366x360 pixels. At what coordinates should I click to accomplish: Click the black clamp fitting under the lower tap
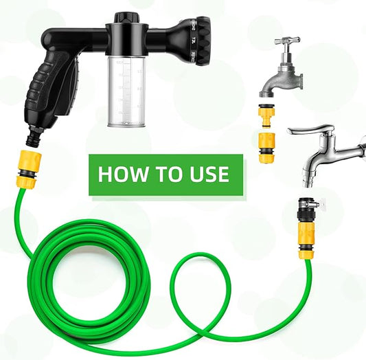[305, 210]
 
